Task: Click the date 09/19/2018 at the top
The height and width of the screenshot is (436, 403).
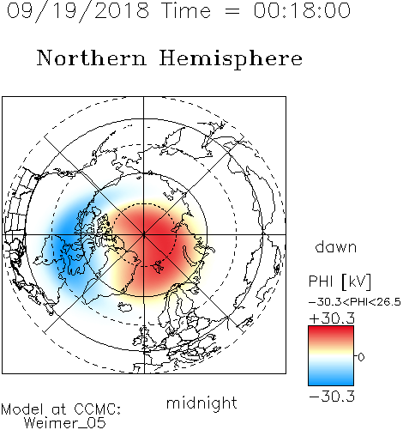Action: coord(78,11)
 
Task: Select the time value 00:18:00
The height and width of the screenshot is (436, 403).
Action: coord(302,10)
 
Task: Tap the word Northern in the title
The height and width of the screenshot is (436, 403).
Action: coord(91,58)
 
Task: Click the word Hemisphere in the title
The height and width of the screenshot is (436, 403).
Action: coord(231,59)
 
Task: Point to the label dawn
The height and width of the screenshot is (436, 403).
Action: coord(336,247)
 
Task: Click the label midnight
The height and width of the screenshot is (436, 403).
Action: coord(201,403)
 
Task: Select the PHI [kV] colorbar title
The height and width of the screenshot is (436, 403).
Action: coord(340,282)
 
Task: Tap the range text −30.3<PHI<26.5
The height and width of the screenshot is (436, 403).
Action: coord(355,302)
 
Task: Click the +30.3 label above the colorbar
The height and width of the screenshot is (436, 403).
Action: coord(332,318)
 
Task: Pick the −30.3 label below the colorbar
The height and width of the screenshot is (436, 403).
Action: coord(332,397)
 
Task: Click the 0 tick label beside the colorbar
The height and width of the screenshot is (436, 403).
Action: coord(361,357)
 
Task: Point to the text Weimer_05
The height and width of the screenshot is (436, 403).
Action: coord(65,423)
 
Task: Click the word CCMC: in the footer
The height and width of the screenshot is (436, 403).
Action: coord(97,409)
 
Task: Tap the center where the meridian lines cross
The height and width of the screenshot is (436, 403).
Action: coord(144,234)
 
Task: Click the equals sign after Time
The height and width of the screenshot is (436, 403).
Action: coord(232,11)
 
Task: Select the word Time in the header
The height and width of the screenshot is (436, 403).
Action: coord(186,10)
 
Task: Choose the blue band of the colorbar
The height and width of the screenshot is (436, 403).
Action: coord(331,377)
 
